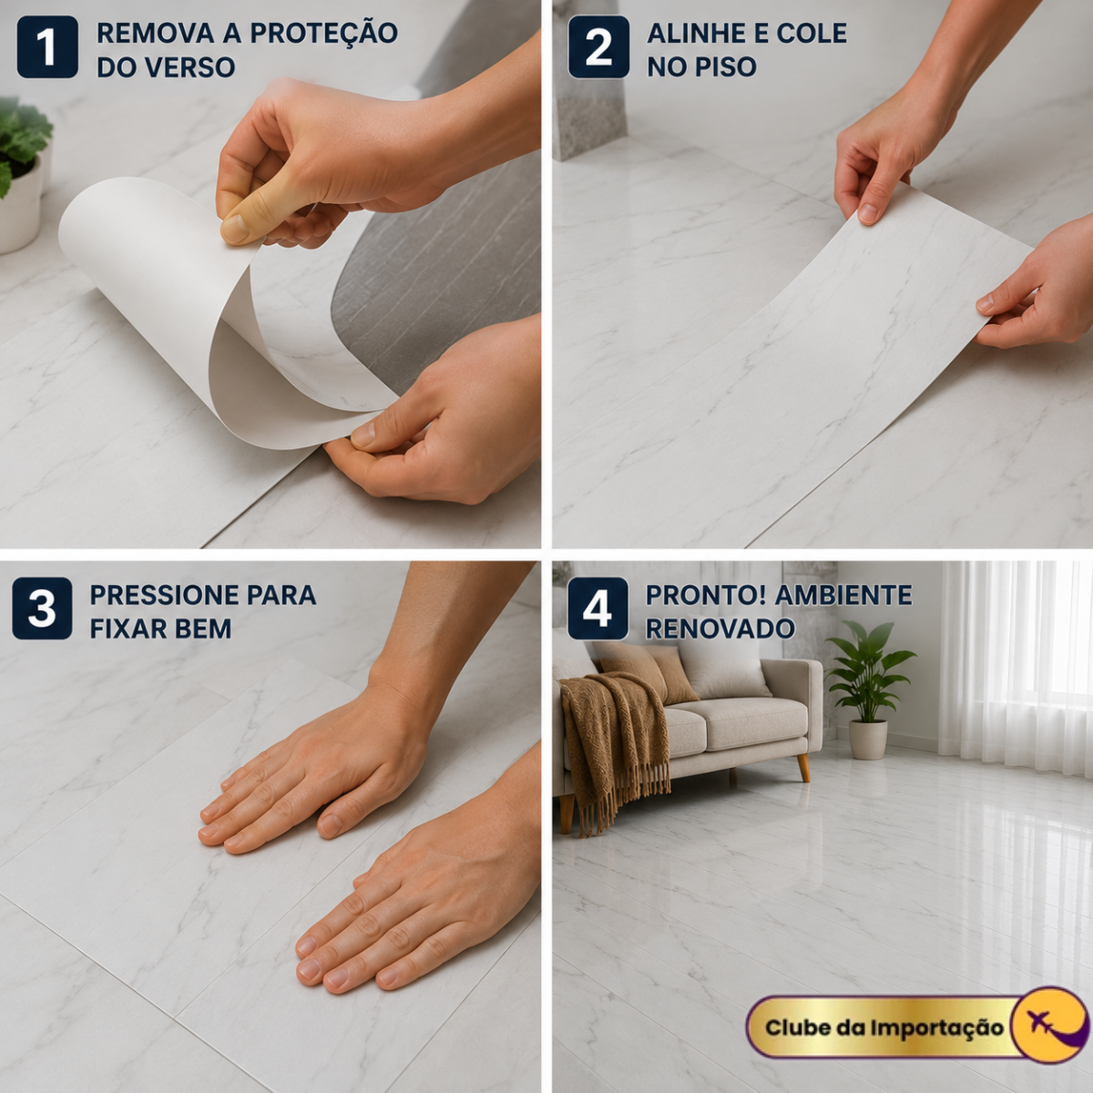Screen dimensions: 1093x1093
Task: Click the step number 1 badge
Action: (47, 47)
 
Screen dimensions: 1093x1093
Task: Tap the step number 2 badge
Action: (598, 47)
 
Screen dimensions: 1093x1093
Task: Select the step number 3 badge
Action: (42, 608)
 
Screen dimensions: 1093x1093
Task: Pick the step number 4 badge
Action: (598, 608)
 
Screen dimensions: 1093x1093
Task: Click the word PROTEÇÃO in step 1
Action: (324, 33)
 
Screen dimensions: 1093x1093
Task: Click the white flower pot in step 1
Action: (20, 204)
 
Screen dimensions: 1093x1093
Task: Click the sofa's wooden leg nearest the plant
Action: (803, 768)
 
